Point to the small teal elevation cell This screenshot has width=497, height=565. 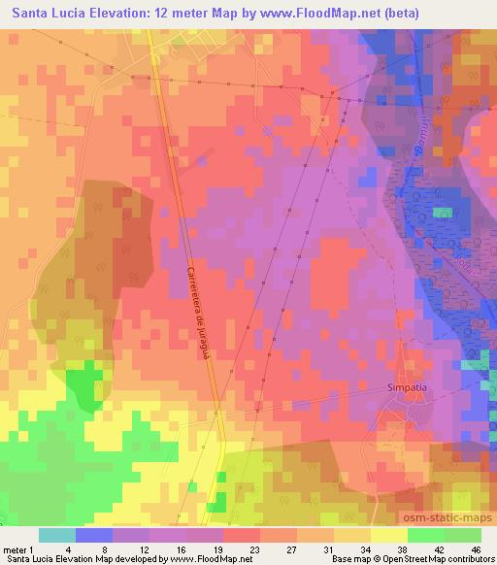(443, 212)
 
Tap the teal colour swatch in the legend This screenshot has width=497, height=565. (57, 535)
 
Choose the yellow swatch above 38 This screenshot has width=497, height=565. (389, 535)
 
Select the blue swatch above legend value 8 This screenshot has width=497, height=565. (94, 535)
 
